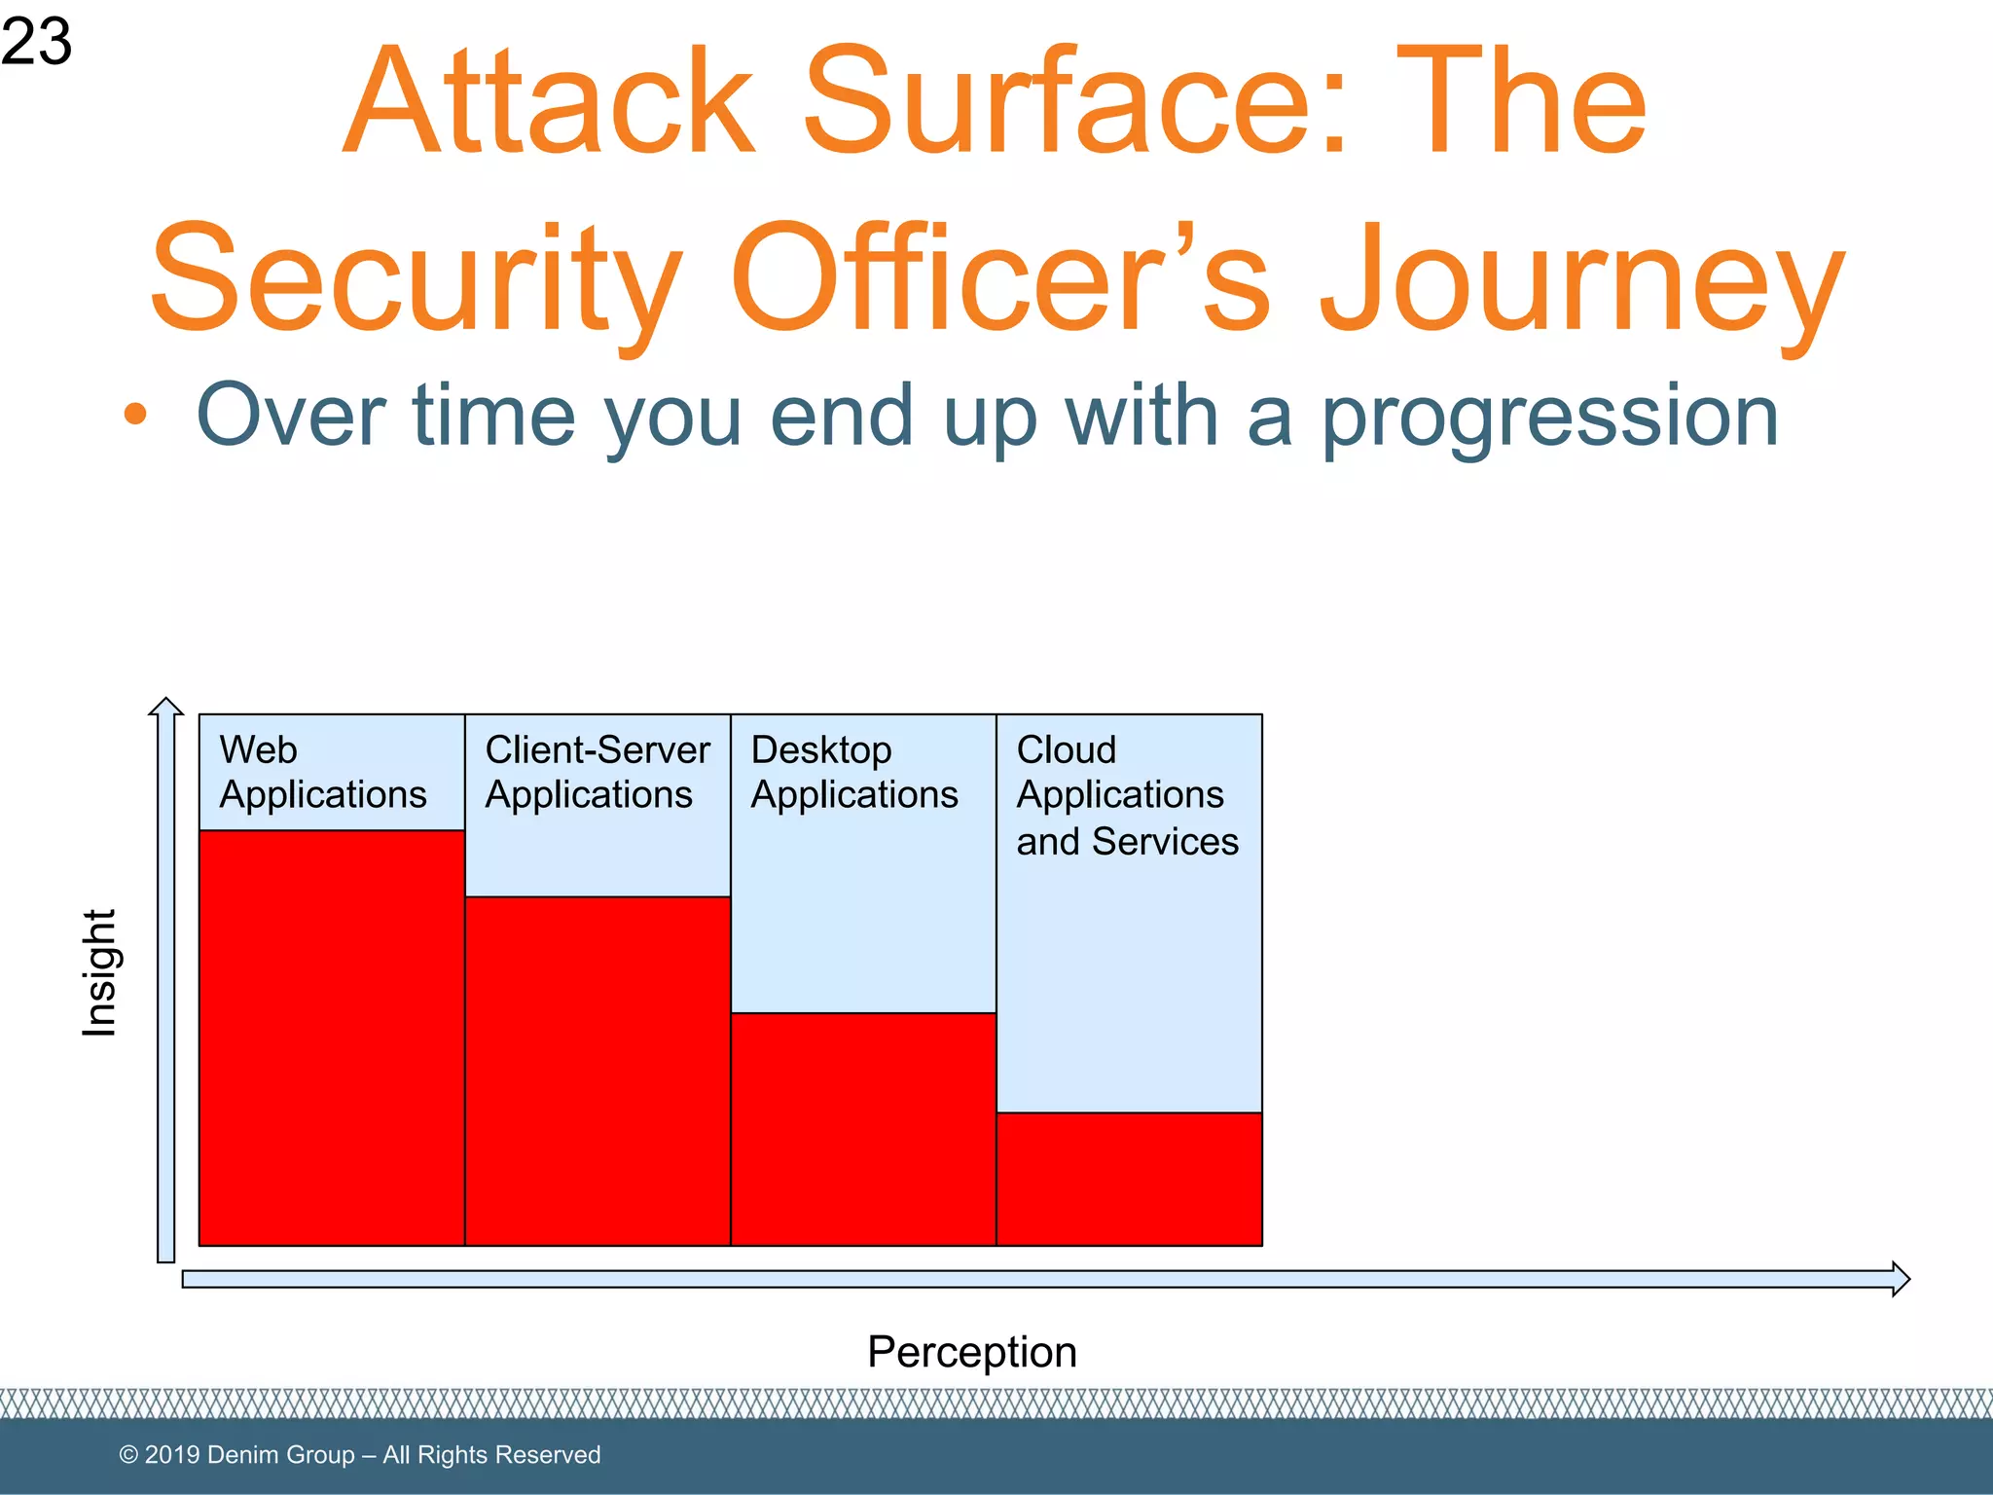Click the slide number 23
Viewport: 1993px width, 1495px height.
[x=36, y=42]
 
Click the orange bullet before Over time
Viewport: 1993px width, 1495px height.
[x=135, y=415]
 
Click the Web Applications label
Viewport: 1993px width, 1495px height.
[x=322, y=772]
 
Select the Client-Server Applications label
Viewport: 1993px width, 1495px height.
[x=597, y=772]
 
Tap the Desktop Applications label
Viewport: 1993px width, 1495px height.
[x=853, y=772]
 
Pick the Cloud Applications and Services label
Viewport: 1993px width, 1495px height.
[x=1126, y=795]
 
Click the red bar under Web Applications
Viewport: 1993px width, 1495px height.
[x=331, y=1038]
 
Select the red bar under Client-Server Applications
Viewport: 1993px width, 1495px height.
[x=597, y=1071]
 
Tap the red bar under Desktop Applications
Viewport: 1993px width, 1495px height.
[x=862, y=1129]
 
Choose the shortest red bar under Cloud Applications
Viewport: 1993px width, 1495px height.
[x=1129, y=1179]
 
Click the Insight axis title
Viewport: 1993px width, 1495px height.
[x=99, y=973]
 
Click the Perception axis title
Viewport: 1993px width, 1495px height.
[x=971, y=1352]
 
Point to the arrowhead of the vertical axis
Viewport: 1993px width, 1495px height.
[x=166, y=707]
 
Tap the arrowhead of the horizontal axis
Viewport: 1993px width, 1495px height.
[x=1900, y=1279]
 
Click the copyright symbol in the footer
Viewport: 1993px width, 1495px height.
[x=127, y=1455]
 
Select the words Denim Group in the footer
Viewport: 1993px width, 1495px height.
[x=280, y=1455]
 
